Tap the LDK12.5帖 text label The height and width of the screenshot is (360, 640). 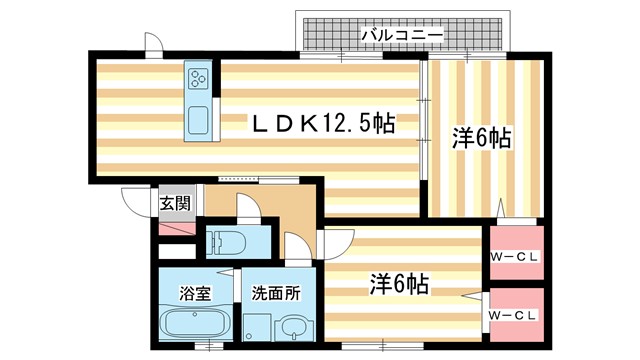tap(321, 123)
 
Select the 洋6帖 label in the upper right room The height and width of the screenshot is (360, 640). tap(482, 139)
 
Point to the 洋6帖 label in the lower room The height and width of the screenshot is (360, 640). tap(400, 283)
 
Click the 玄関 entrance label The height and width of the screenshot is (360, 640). tap(174, 203)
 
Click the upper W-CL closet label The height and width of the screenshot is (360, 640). tap(514, 256)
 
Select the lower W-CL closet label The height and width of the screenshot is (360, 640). tap(514, 316)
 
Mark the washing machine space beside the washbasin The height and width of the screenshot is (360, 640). tap(257, 325)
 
